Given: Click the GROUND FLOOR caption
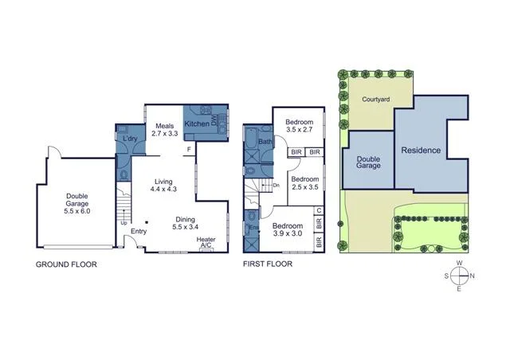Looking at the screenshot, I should pos(66,264).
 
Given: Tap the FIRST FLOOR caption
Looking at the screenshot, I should pos(267,264).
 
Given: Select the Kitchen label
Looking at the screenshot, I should pos(198,125).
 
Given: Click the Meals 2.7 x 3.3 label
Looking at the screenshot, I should pos(165,130).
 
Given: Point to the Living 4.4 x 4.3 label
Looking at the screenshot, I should pos(163,186).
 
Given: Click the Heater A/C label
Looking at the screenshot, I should pos(206,242).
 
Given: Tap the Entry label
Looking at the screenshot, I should pos(139,232).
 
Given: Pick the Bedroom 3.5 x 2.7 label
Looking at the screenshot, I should pos(300,126).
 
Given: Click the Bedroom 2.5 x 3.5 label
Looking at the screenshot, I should pos(304,184).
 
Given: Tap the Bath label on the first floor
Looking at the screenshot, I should pos(265,143).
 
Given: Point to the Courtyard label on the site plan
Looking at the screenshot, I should pos(375,100).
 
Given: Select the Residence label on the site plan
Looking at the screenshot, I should pos(421,151).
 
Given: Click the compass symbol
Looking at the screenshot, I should pos(459,276).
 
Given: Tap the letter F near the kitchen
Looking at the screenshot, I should pos(189,150).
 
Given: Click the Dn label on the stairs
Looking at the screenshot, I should pos(276,186).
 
